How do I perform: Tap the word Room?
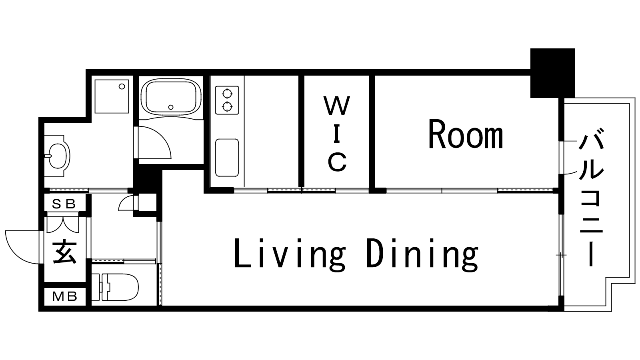click(x=466, y=134)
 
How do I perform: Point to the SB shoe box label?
click(x=64, y=204)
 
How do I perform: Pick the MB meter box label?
click(x=65, y=296)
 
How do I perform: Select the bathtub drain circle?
click(x=171, y=107)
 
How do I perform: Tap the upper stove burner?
click(x=227, y=94)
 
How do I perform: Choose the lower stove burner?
click(x=227, y=107)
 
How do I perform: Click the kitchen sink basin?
click(x=227, y=158)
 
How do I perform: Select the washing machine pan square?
click(x=112, y=96)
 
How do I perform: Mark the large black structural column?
click(x=552, y=73)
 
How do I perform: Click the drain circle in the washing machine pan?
click(x=122, y=86)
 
